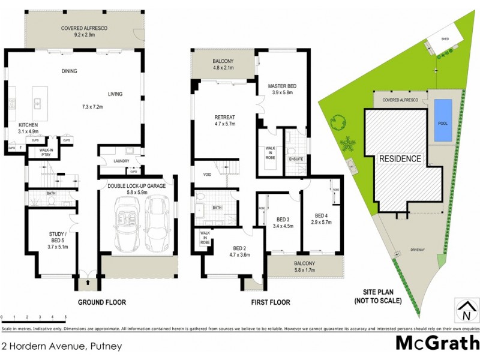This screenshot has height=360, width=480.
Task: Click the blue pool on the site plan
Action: [443, 121]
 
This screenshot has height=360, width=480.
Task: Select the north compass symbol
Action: [464, 311]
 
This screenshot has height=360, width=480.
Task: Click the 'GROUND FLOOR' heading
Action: [101, 302]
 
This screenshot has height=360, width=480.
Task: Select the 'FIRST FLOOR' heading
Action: [271, 302]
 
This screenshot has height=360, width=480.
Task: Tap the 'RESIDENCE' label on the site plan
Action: [400, 159]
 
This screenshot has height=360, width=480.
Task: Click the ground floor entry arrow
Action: [89, 281]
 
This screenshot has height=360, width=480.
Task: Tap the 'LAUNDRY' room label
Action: [121, 160]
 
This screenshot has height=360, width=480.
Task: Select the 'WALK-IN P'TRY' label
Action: [46, 152]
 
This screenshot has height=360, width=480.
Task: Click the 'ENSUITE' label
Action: [296, 158]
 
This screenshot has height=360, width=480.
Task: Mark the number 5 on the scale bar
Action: [65, 316]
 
